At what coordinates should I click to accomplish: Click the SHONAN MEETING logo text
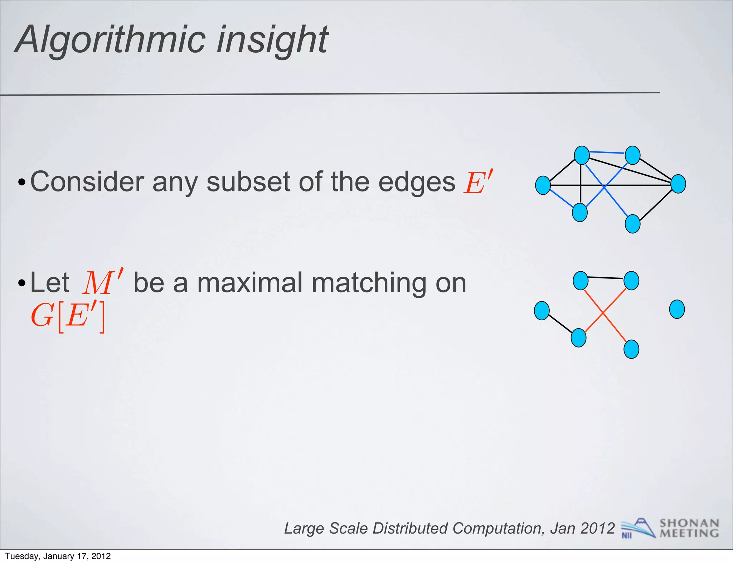tap(689, 528)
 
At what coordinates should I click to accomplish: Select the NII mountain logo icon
tap(638, 528)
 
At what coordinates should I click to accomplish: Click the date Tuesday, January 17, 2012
tap(58, 556)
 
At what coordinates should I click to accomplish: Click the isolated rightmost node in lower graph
tap(677, 310)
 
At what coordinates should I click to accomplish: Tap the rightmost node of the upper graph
tap(678, 184)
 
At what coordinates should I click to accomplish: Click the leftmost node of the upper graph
tap(543, 185)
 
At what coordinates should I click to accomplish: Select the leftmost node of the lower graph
tap(542, 311)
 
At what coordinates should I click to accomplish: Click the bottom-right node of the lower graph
tap(631, 349)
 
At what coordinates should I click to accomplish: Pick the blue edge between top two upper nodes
tap(607, 152)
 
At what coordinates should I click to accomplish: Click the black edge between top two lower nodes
tap(606, 278)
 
